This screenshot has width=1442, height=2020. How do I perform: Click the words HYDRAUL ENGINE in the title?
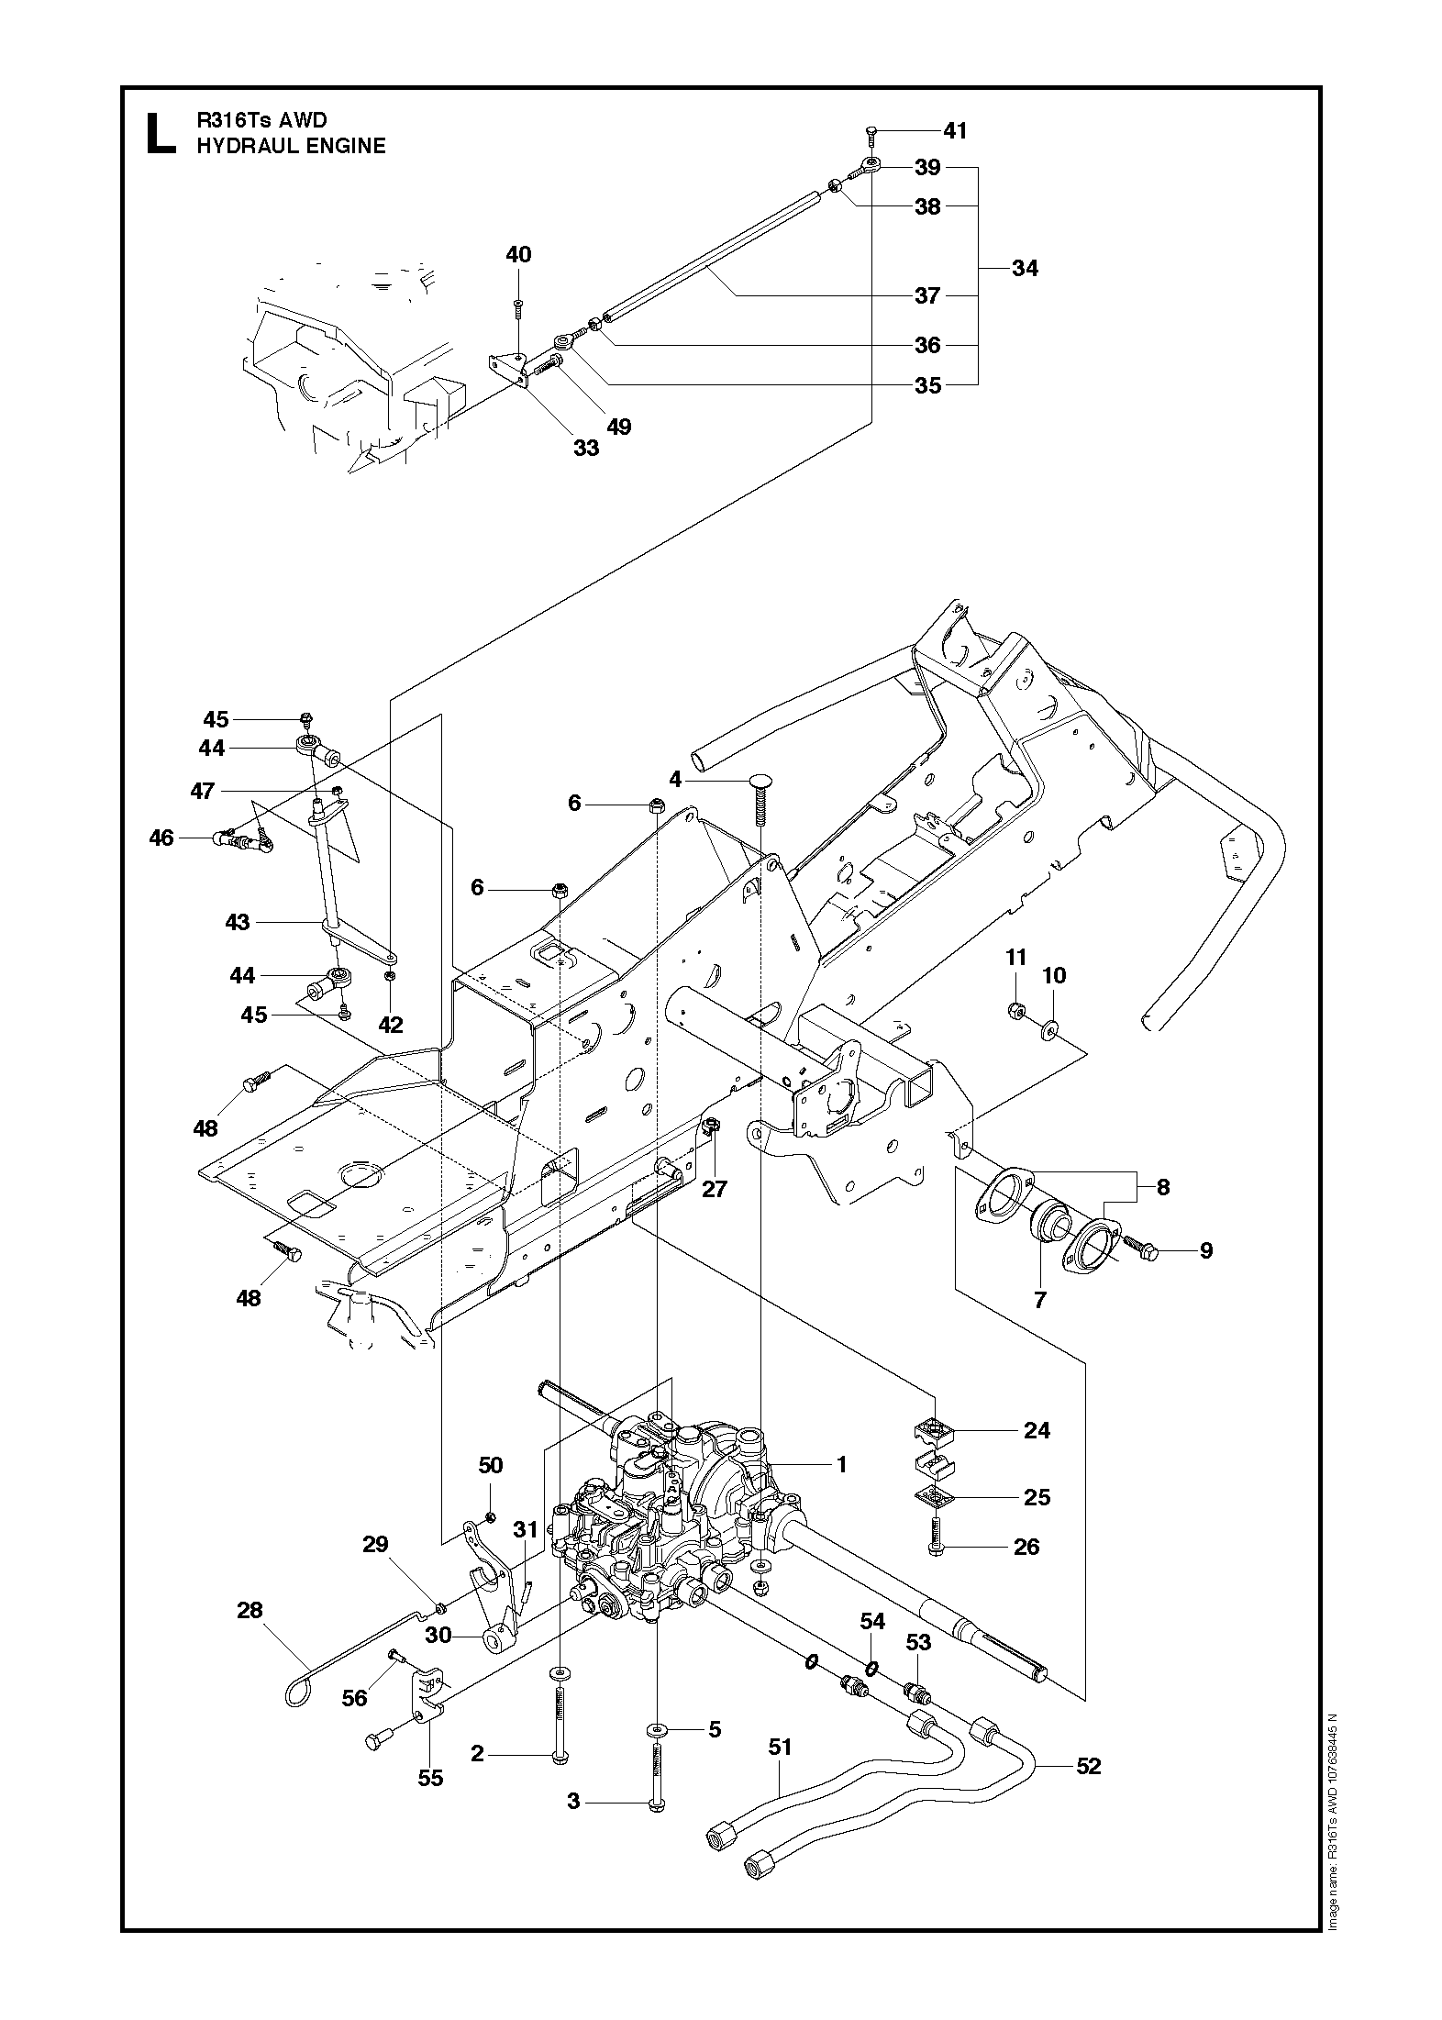291,146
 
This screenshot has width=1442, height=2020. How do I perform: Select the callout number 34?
1025,268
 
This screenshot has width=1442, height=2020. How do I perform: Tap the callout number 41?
955,130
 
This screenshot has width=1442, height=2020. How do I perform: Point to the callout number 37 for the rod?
927,295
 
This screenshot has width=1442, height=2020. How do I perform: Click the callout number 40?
518,254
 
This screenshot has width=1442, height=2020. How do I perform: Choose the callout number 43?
237,921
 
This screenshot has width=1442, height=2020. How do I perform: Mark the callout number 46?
161,838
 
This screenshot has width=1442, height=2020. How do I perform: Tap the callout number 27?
714,1189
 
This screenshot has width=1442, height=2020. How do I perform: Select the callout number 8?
1163,1187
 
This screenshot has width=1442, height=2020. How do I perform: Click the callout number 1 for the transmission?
841,1465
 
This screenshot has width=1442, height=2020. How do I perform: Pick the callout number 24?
1037,1430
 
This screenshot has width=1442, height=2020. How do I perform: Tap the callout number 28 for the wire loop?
250,1610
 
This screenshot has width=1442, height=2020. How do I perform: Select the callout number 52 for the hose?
1088,1766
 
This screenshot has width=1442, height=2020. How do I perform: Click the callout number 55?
430,1778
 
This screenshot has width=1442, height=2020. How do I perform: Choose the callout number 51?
779,1748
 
